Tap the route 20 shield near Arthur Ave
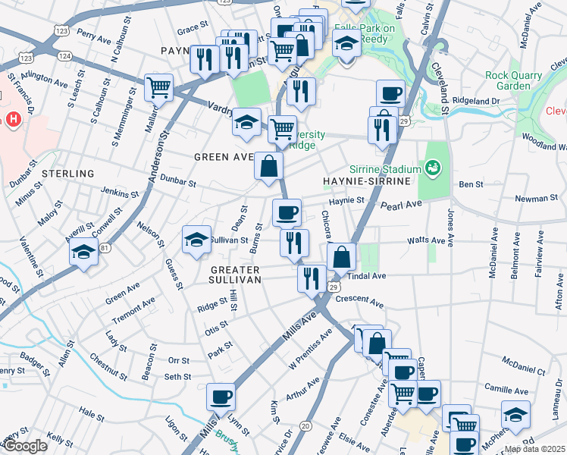pyautogui.click(x=305, y=426)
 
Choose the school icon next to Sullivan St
pyautogui.click(x=196, y=240)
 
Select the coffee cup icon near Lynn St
pyautogui.click(x=221, y=396)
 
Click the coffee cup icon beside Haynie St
pyautogui.click(x=287, y=212)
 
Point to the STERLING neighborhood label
pyautogui.click(x=65, y=174)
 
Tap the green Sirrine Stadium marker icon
pyautogui.click(x=434, y=166)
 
